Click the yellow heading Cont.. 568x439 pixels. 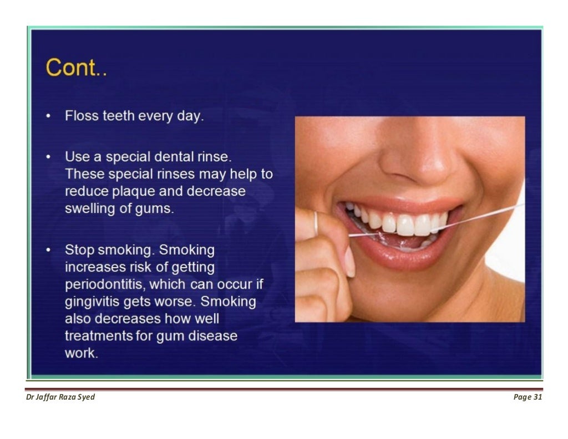click(76, 68)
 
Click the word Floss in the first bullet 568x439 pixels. click(82, 116)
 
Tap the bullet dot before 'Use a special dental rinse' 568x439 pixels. click(49, 157)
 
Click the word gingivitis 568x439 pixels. click(95, 302)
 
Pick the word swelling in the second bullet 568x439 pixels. click(89, 209)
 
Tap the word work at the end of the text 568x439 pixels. click(81, 353)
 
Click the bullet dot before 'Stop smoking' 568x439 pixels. click(49, 250)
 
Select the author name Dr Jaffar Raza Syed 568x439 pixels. click(60, 397)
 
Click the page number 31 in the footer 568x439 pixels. click(536, 397)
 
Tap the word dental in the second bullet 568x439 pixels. click(181, 157)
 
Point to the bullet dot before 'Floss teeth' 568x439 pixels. click(49, 116)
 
